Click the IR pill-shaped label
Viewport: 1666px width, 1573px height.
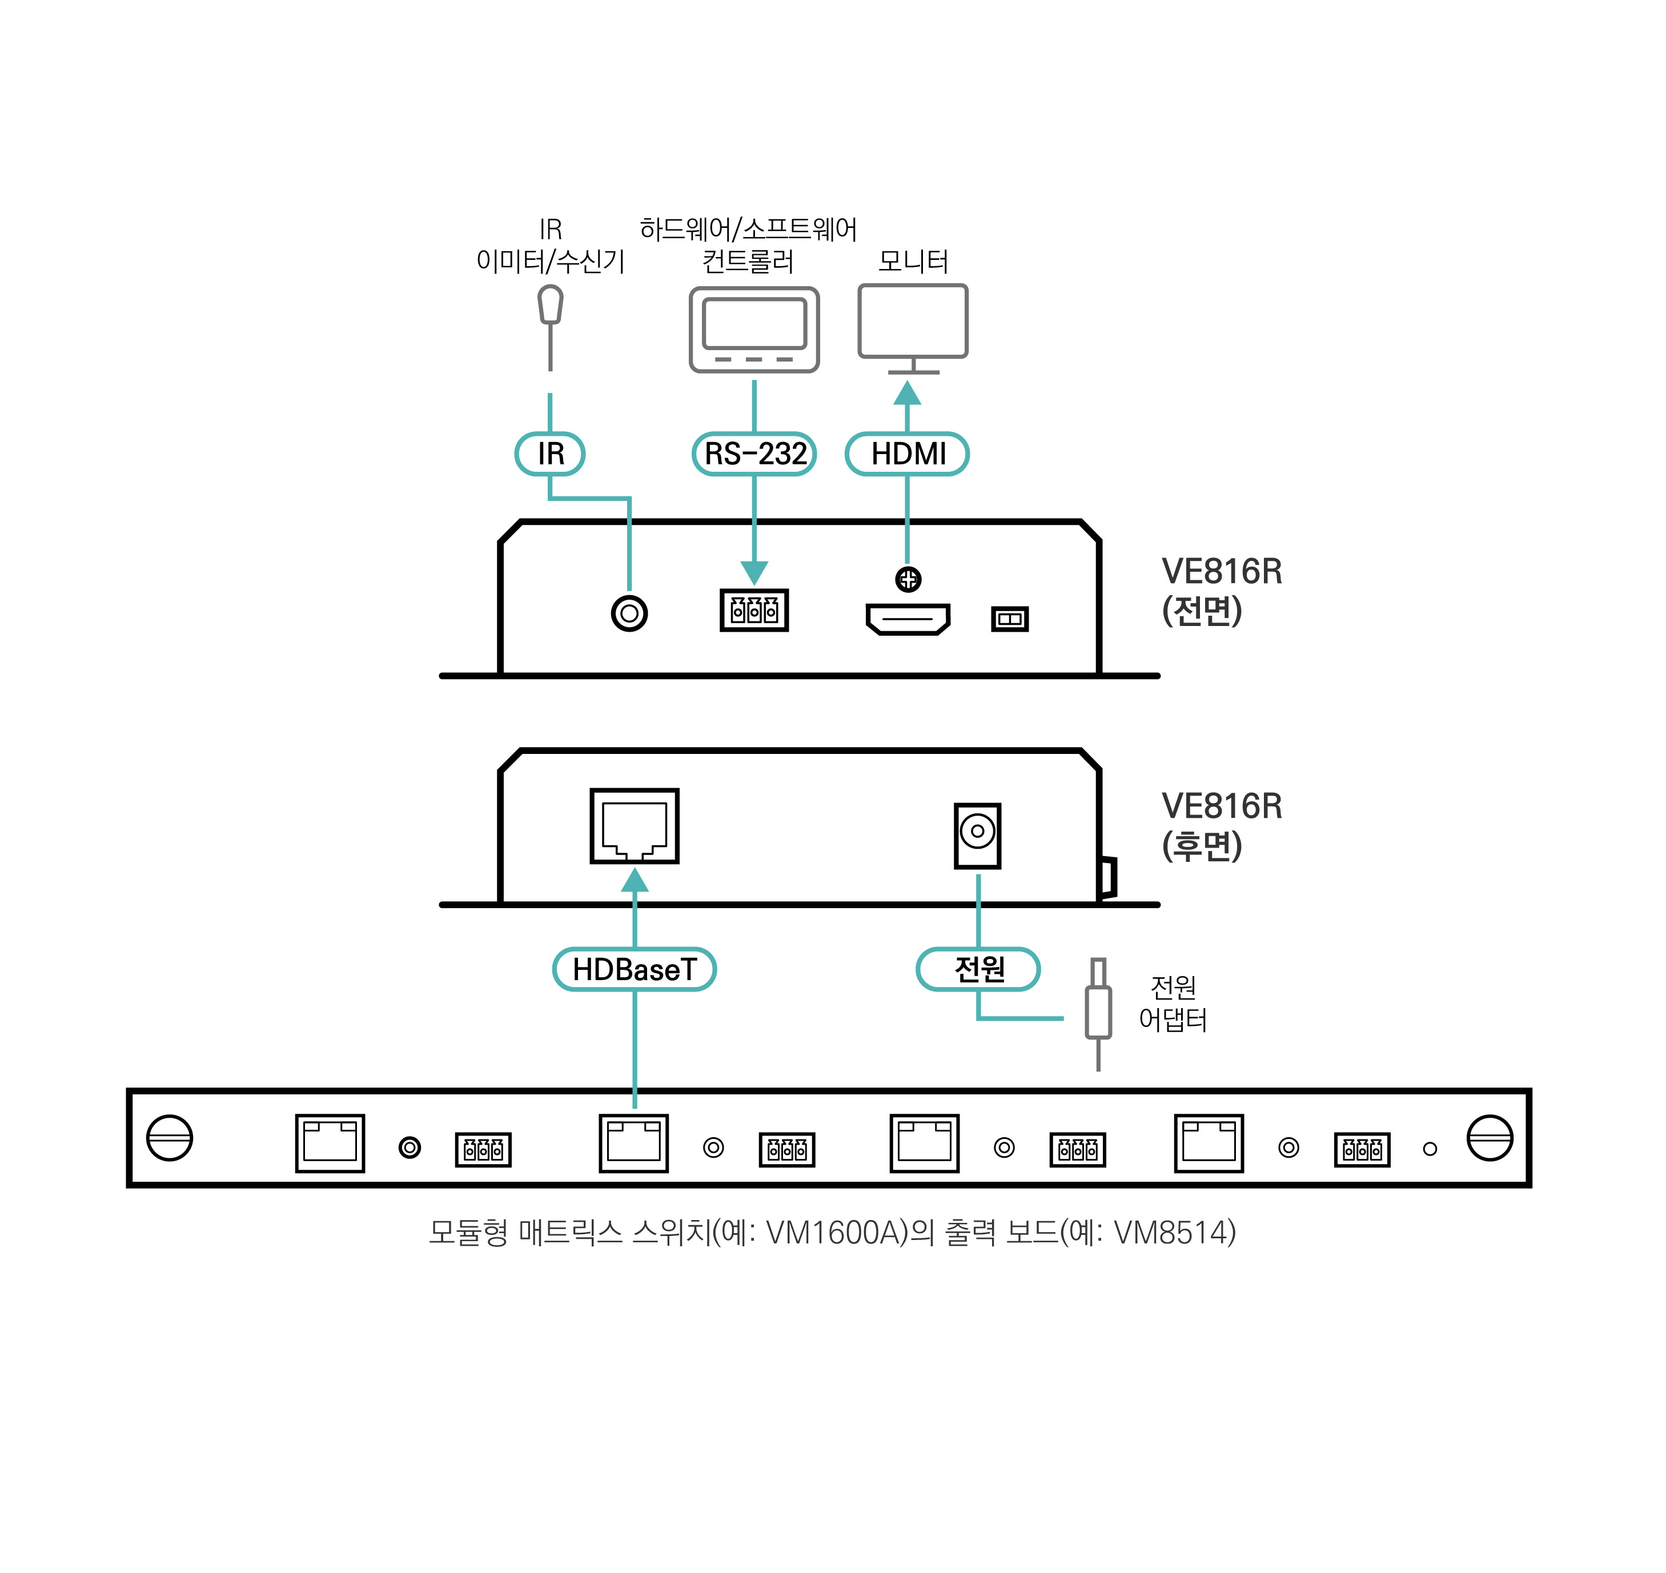click(x=550, y=454)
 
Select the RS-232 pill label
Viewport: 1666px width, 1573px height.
click(x=754, y=454)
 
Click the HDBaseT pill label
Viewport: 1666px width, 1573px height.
click(x=634, y=969)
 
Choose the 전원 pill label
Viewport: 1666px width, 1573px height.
click(x=978, y=969)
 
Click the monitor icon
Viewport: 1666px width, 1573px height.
click(x=913, y=327)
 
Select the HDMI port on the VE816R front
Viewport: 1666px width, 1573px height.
click(x=908, y=619)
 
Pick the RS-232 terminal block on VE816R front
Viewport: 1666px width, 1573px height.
click(x=754, y=609)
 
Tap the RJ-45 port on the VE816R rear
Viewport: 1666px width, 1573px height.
click(x=635, y=826)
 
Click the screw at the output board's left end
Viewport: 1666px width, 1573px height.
click(x=170, y=1138)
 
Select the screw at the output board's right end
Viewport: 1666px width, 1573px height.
click(x=1490, y=1138)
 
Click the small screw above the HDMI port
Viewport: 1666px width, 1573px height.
click(x=908, y=579)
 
